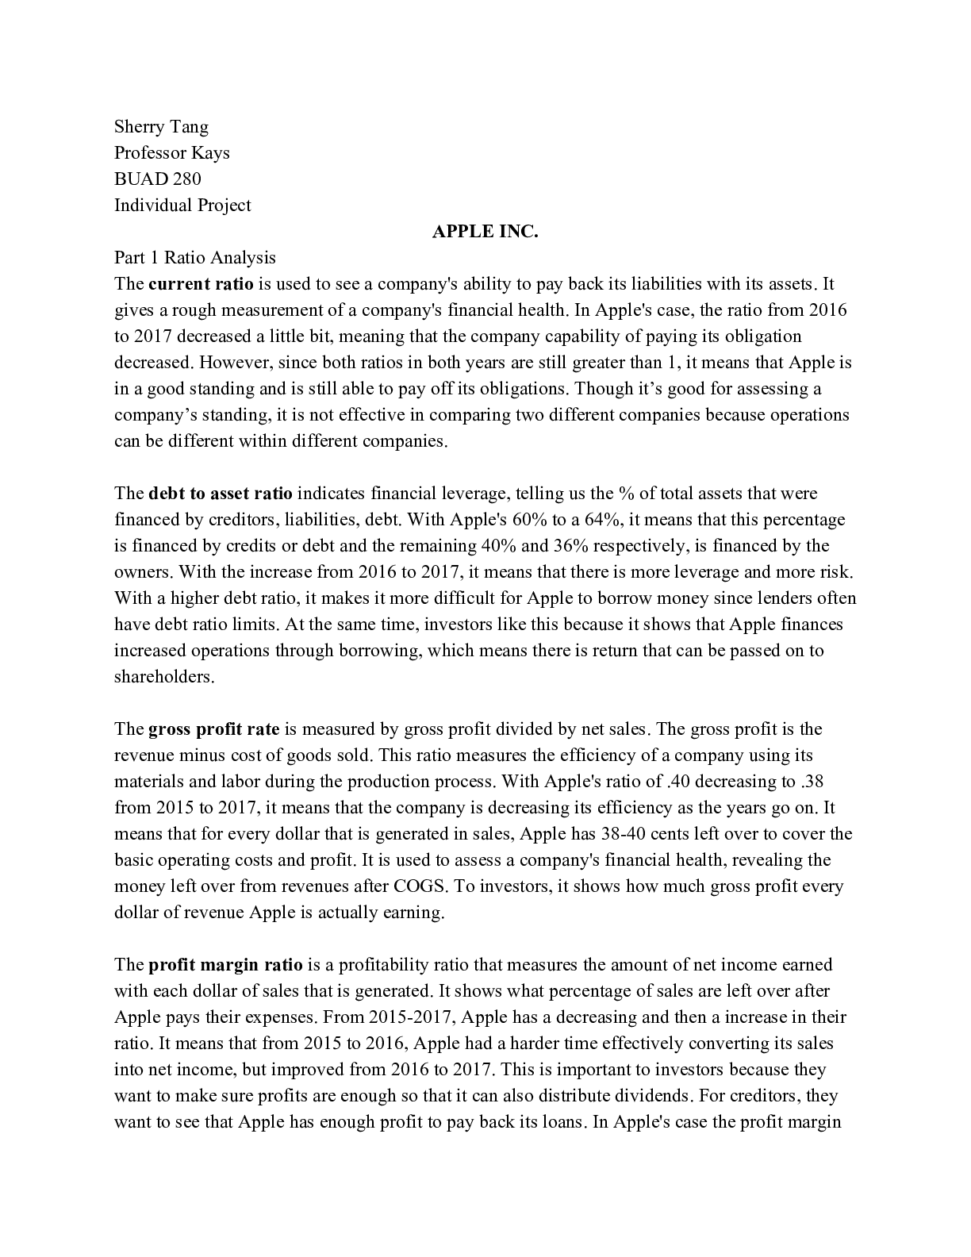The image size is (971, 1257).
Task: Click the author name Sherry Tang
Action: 161,127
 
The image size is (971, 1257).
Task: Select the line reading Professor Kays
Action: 171,153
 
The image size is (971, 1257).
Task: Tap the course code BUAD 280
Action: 157,179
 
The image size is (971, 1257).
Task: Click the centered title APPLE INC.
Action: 485,232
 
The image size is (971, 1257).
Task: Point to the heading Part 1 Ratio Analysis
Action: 195,258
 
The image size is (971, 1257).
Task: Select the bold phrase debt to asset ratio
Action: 220,494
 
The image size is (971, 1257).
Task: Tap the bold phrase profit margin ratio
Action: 225,965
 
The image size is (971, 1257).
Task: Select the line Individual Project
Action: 182,206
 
